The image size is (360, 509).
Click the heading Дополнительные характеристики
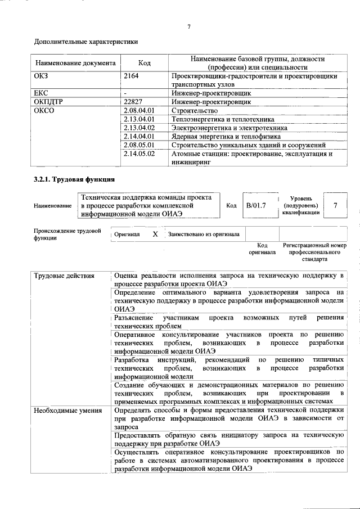[86, 42]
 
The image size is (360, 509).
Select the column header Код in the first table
[144, 63]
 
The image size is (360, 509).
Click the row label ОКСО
[47, 111]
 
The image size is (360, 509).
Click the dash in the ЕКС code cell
[126, 93]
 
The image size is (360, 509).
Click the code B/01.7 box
[256, 206]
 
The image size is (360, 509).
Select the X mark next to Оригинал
[155, 233]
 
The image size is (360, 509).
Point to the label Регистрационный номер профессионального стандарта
[314, 253]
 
